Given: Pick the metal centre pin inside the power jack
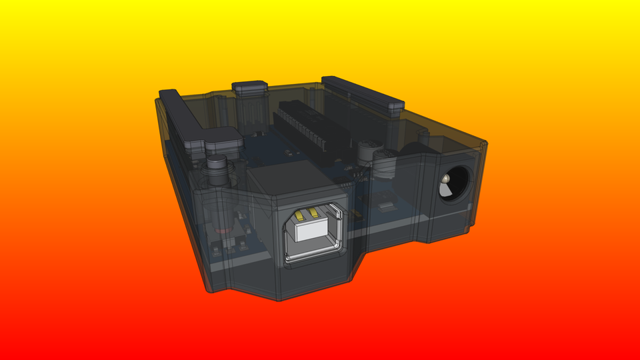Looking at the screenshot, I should click(x=446, y=181).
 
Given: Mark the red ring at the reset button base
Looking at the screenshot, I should click(x=227, y=238).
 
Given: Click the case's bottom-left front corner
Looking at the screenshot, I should click(x=209, y=291).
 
